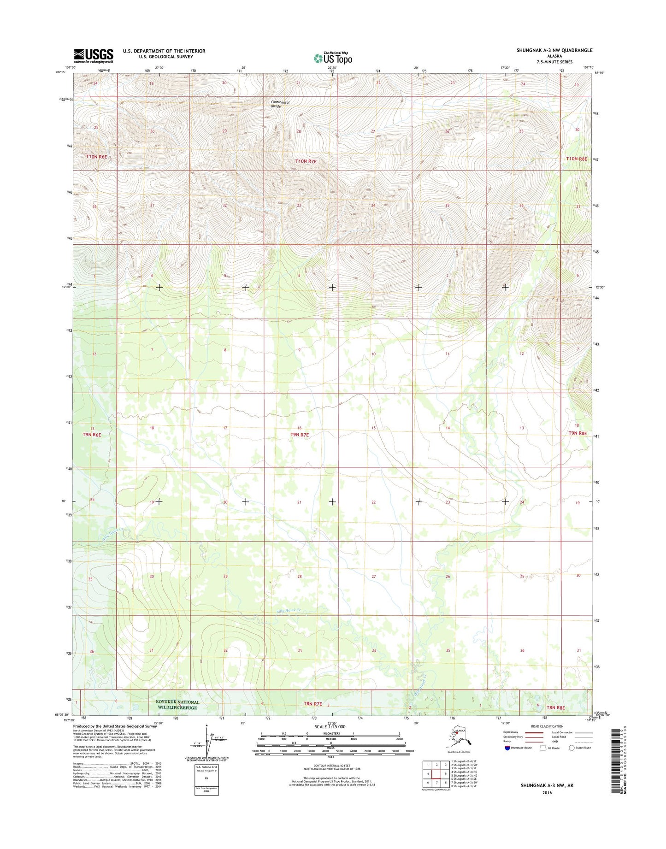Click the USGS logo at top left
tap(94, 56)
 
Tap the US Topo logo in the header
tap(333, 59)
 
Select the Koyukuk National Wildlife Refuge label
tap(177, 705)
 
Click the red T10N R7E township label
tap(306, 161)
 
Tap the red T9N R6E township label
tap(92, 435)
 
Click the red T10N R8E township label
tap(577, 159)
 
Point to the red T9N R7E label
tap(300, 435)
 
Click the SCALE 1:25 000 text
tap(330, 727)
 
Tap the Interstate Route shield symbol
tap(507, 748)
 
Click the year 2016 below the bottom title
tap(547, 793)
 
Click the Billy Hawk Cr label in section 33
tap(289, 611)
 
